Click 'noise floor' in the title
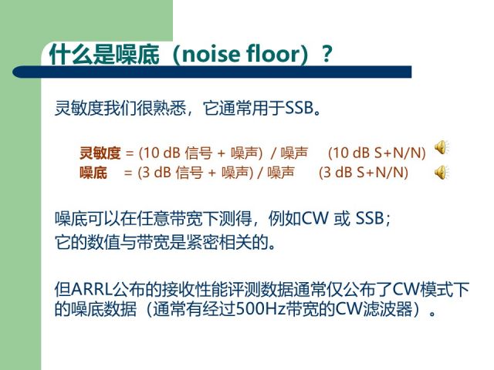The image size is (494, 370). pyautogui.click(x=240, y=54)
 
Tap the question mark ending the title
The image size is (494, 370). pyautogui.click(x=327, y=54)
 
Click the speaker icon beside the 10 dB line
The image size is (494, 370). pyautogui.click(x=442, y=147)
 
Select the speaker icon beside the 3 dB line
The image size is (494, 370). pyautogui.click(x=442, y=172)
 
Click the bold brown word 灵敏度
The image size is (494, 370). pyautogui.click(x=100, y=153)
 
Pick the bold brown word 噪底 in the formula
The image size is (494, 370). pyautogui.click(x=93, y=173)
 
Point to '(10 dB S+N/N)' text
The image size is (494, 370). pyautogui.click(x=377, y=153)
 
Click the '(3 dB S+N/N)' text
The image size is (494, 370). pyautogui.click(x=364, y=173)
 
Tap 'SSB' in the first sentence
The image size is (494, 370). pyautogui.click(x=299, y=108)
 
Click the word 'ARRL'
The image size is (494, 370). pyautogui.click(x=92, y=290)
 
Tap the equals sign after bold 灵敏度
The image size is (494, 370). pyautogui.click(x=130, y=153)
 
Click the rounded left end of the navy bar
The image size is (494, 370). pyautogui.click(x=16, y=72)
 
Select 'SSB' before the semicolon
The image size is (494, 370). pyautogui.click(x=370, y=218)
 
